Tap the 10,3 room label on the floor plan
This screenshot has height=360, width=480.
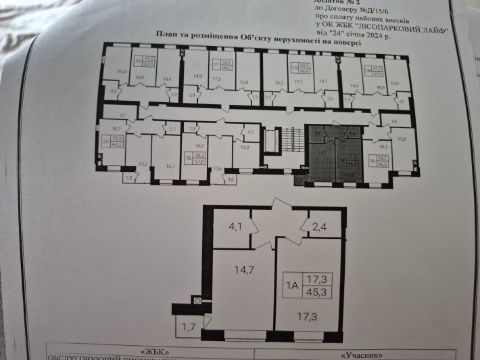coord(245,147)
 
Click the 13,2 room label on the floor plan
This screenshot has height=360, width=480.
coord(143,164)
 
